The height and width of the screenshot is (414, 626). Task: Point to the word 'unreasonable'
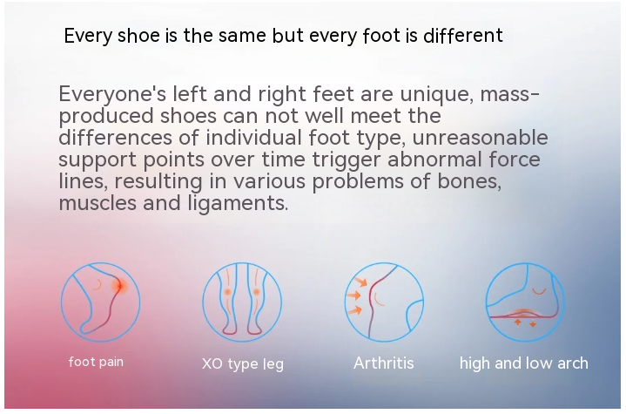click(480, 138)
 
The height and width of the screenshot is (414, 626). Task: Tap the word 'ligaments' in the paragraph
click(238, 203)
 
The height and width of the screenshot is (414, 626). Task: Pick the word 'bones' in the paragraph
click(469, 180)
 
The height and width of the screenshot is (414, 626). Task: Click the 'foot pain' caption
click(96, 362)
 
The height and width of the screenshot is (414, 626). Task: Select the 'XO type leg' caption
click(243, 363)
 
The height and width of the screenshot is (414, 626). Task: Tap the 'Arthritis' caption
click(384, 363)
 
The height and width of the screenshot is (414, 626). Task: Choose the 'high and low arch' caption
click(524, 363)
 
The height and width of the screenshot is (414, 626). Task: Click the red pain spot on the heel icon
click(118, 286)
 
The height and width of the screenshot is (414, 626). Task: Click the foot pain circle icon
click(61, 302)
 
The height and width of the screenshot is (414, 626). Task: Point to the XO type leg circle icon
click(202, 302)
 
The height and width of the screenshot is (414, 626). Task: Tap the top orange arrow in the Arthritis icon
click(361, 282)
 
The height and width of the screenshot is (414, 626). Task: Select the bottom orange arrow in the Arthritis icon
click(355, 309)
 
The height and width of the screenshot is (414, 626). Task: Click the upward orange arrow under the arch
click(518, 322)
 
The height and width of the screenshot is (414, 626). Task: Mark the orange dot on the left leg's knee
click(227, 292)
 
